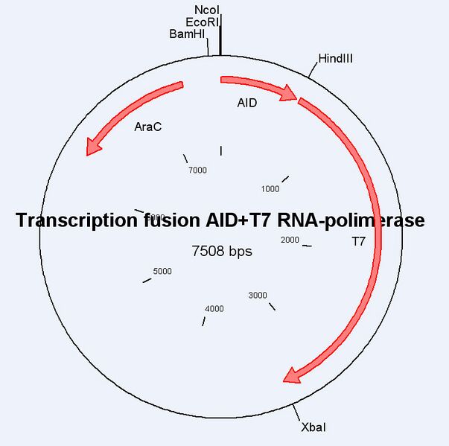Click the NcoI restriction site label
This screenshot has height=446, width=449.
207,10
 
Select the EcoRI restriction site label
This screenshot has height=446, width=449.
203,22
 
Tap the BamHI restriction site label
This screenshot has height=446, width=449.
187,34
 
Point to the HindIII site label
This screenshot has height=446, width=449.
335,59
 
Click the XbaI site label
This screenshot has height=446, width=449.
313,427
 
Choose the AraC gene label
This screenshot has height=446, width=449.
148,127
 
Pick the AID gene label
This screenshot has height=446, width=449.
247,103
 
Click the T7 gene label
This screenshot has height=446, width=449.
358,241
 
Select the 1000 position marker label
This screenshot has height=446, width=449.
270,189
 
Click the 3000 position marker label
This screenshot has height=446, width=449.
258,296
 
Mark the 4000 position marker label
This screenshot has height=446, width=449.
214,308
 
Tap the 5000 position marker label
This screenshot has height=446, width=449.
162,271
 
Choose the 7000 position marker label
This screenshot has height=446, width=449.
197,171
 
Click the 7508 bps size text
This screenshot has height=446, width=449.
222,252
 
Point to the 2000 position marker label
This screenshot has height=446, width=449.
290,240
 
